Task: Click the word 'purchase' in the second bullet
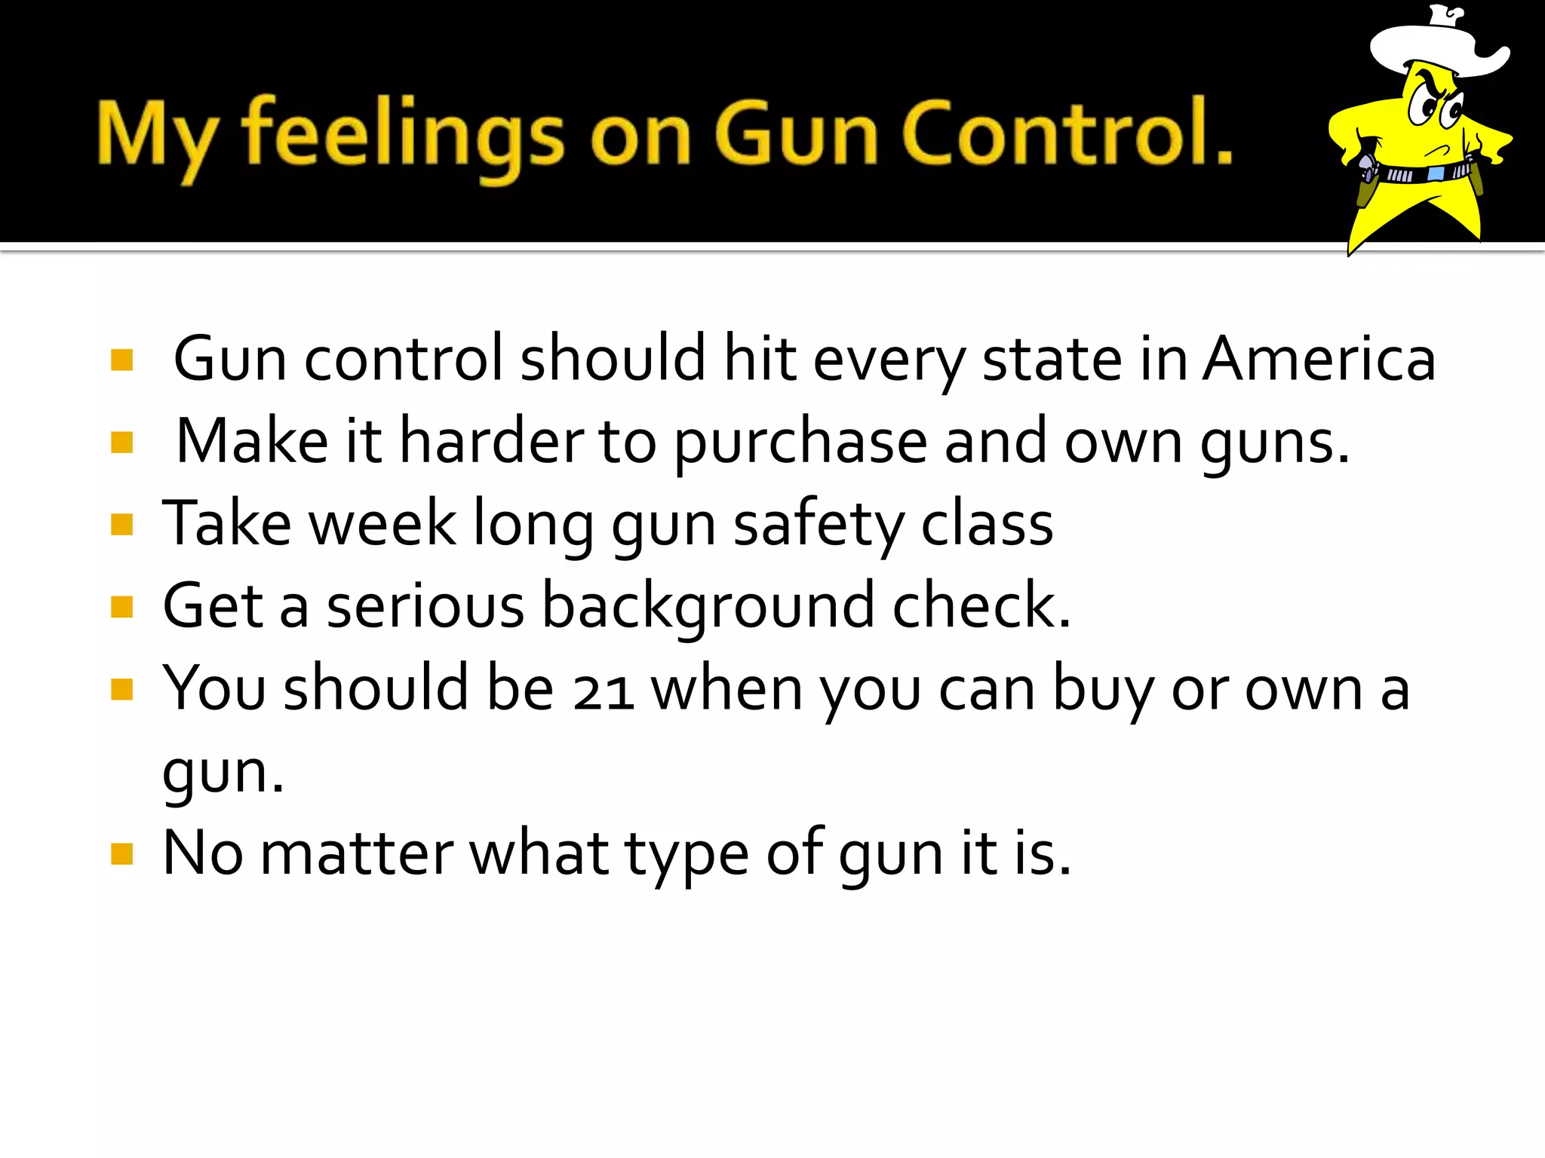pos(800,443)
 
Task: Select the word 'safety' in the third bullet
pos(818,525)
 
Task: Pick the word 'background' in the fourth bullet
pos(708,606)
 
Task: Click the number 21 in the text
pos(603,691)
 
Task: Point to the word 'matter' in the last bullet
pos(357,853)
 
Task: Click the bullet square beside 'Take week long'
pos(121,524)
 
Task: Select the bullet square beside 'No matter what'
pos(121,854)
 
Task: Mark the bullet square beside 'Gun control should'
pos(121,360)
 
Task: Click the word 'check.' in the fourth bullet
pos(981,606)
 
